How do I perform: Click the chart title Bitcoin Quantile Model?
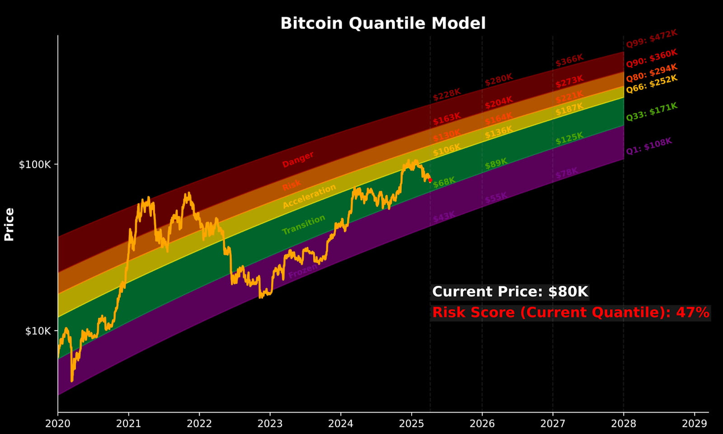[383, 23]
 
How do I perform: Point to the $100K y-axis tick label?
[35, 165]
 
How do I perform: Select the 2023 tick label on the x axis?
[270, 424]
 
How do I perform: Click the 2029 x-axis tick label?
[694, 424]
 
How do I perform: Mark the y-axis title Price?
[9, 224]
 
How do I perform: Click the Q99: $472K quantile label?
[651, 39]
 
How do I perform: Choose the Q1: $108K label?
[649, 146]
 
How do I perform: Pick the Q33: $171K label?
[651, 112]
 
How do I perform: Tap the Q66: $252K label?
[651, 84]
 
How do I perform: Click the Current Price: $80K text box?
[510, 292]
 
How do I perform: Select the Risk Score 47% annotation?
[571, 312]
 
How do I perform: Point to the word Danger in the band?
[298, 160]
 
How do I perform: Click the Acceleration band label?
[310, 196]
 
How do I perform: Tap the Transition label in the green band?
[304, 225]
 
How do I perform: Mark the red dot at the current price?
[430, 180]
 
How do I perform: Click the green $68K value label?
[444, 182]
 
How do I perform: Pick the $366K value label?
[569, 60]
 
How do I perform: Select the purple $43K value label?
[444, 217]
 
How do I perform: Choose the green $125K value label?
[569, 139]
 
